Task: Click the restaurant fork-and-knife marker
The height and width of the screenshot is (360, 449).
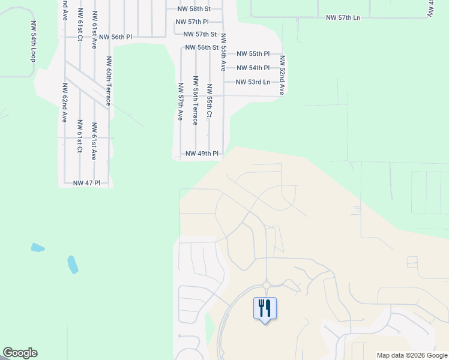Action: tap(265, 309)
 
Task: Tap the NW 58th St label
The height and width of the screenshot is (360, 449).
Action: tap(194, 9)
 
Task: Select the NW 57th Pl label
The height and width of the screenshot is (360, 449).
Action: tap(192, 22)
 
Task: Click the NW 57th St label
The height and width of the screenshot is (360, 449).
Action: tap(200, 34)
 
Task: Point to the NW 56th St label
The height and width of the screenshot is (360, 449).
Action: tap(201, 47)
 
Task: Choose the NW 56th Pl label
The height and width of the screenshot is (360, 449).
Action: tap(115, 37)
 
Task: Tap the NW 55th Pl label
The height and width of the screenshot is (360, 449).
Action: tap(253, 54)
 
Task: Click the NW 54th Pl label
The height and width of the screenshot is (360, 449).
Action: tap(253, 68)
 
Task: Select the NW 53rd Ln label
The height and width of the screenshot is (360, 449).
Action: tap(253, 82)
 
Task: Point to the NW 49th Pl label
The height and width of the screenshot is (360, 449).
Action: tap(202, 154)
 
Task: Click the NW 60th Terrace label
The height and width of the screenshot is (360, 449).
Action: tap(109, 81)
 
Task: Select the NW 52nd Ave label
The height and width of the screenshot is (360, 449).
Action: tap(282, 76)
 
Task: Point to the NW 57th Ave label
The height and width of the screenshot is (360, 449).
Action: tap(180, 101)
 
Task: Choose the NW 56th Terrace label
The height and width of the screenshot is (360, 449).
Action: tap(195, 100)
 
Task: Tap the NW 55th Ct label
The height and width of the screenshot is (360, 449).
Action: tap(209, 100)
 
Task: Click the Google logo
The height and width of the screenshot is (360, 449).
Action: tap(20, 353)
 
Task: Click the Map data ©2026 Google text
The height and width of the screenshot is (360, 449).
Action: tap(412, 355)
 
